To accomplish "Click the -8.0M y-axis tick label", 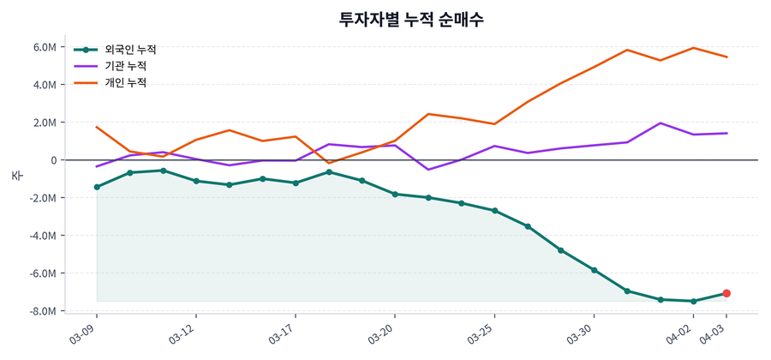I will [x=43, y=311].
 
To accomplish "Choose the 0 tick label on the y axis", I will [x=52, y=160].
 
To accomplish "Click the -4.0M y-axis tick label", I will [x=43, y=236].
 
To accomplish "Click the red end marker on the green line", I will [x=726, y=293].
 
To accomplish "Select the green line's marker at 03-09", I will [x=97, y=187].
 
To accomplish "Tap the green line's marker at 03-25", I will [x=494, y=211].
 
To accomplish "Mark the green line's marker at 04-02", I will [x=693, y=301].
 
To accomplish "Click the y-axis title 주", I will [x=16, y=176].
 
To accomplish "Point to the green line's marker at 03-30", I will [x=594, y=270].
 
